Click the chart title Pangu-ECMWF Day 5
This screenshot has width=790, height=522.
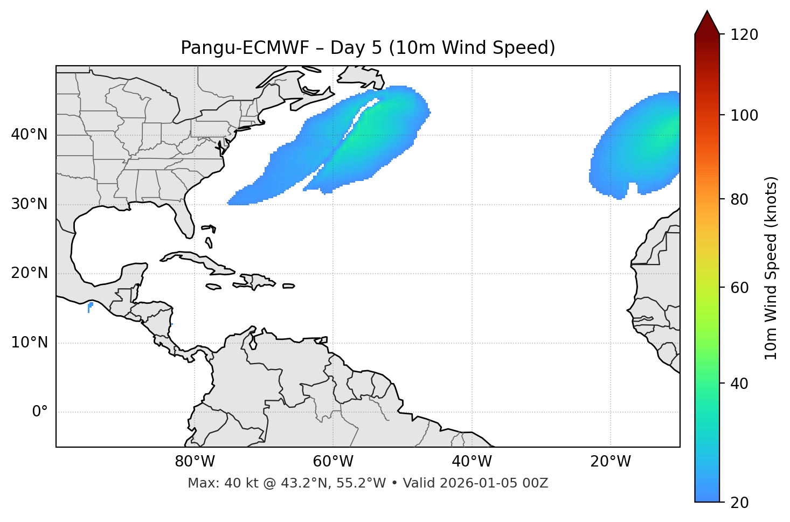[x=368, y=48]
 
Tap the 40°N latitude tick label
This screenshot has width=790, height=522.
[x=29, y=135]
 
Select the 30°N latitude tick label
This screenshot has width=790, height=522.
[x=29, y=204]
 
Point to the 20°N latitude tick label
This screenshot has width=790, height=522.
[x=29, y=273]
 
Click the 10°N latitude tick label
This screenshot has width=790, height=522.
[x=29, y=343]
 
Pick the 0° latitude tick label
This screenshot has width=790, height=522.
[x=40, y=412]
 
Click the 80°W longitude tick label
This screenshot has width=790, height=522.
[x=195, y=462]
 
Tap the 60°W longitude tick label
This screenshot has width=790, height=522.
[x=333, y=462]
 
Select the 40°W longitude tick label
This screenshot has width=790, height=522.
[x=472, y=462]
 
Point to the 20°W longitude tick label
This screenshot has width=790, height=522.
[x=610, y=462]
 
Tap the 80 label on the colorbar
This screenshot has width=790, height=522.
[x=739, y=199]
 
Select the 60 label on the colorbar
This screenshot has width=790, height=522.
[x=739, y=288]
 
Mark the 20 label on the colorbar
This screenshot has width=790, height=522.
[x=739, y=503]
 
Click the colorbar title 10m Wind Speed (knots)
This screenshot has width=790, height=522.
[x=771, y=268]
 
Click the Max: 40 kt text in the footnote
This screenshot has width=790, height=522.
[x=226, y=483]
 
